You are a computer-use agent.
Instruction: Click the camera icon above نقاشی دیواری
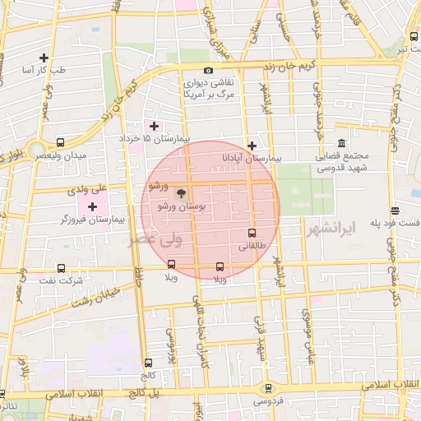click(x=208, y=71)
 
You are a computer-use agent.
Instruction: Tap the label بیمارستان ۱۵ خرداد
click(x=154, y=139)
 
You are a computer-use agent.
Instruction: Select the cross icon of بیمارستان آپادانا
click(x=252, y=145)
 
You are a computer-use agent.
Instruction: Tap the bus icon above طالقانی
click(x=252, y=233)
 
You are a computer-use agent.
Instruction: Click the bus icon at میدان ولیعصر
click(x=61, y=142)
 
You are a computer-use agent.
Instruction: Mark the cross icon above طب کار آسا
click(x=44, y=58)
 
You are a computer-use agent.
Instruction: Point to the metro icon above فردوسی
click(x=266, y=388)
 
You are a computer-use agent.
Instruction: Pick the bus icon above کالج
click(x=148, y=363)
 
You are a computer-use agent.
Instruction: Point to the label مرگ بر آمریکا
click(x=207, y=95)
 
